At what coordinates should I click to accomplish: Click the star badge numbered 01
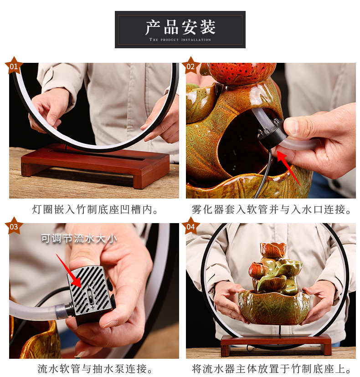(x=14, y=66)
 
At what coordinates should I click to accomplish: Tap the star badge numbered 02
(x=190, y=66)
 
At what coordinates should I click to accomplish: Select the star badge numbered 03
(x=14, y=226)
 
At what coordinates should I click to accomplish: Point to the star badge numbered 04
(x=190, y=226)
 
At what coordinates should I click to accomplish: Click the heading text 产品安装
(x=180, y=27)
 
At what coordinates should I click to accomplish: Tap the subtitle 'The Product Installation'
(x=180, y=40)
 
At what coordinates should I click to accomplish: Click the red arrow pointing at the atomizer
(x=288, y=166)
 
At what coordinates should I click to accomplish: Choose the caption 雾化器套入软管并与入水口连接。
(x=272, y=210)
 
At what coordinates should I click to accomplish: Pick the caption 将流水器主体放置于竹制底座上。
(x=272, y=368)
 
